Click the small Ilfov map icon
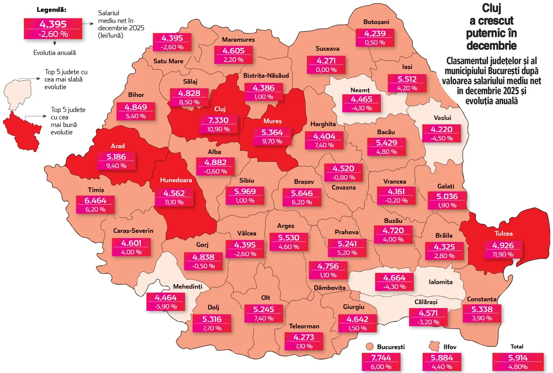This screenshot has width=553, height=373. tap(433, 346)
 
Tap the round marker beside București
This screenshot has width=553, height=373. tap(369, 347)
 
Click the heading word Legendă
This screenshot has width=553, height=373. tap(51, 10)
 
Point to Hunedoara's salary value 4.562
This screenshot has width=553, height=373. tap(175, 193)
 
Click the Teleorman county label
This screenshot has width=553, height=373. tap(304, 326)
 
